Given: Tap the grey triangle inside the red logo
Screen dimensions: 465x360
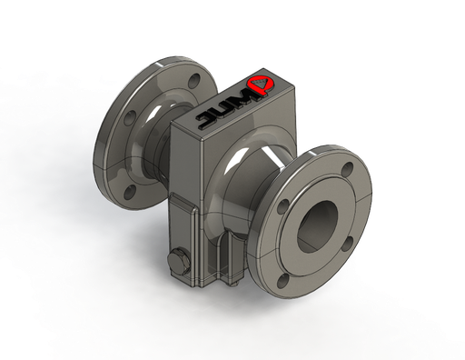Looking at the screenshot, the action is tap(259, 82).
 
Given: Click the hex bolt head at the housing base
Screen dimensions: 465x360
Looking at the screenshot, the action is tap(178, 261).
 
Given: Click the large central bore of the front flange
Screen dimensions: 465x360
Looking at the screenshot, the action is tap(317, 225).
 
